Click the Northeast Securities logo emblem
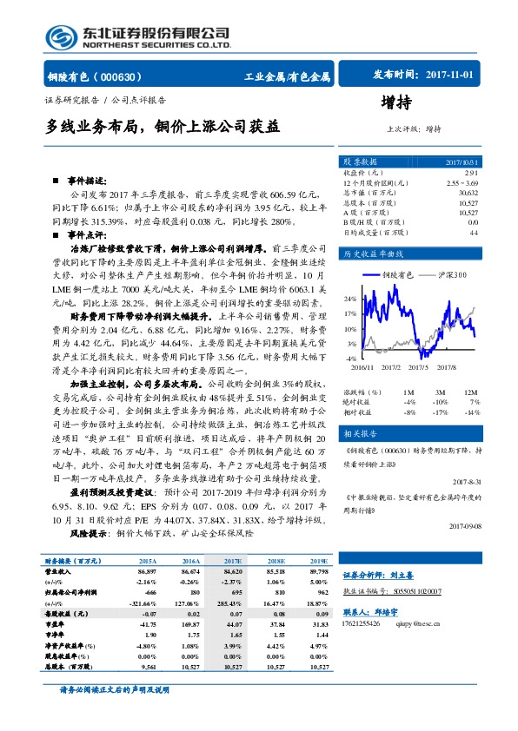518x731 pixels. click(62, 36)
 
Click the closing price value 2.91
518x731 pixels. click(471, 173)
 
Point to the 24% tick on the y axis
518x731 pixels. click(349, 298)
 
